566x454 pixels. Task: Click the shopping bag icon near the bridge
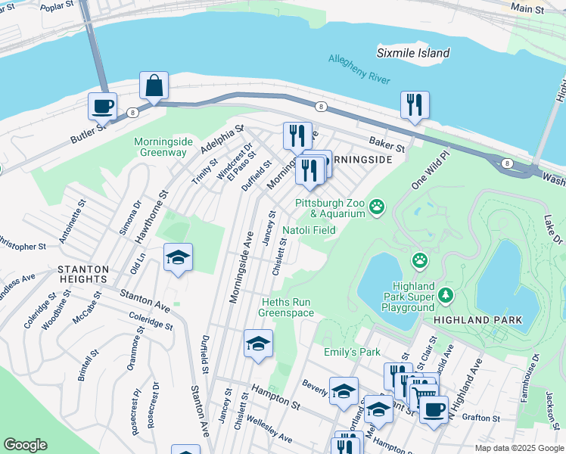154,87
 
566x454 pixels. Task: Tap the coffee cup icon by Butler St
102,107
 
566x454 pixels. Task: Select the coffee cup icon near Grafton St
434,409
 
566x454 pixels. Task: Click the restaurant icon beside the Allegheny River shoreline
415,105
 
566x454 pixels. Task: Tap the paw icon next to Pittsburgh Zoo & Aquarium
376,206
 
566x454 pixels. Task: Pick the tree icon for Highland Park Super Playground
447,294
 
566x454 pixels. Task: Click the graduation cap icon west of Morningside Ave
179,257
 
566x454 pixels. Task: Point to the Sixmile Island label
413,53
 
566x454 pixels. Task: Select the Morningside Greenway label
160,147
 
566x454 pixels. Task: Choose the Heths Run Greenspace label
286,306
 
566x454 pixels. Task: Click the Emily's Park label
351,352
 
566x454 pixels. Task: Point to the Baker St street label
387,141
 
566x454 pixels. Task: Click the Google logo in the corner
25,445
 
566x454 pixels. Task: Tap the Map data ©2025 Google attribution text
518,448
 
